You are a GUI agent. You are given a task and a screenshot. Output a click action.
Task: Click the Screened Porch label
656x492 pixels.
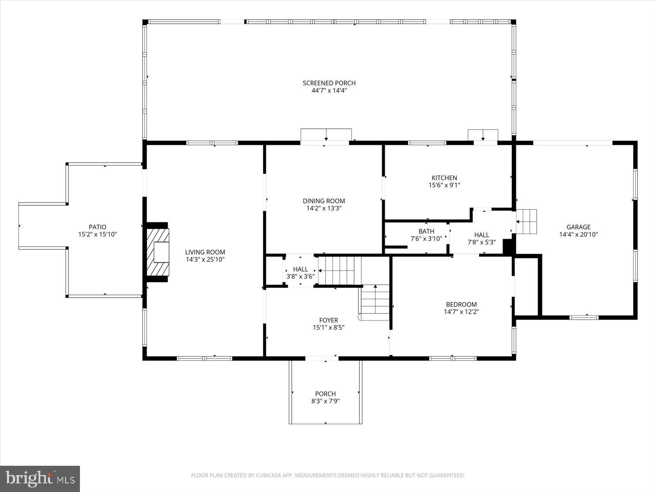(329, 83)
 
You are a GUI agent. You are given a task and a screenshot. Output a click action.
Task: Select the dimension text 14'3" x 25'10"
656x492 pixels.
(205, 260)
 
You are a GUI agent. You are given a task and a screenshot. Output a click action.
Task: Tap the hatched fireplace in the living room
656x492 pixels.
(158, 252)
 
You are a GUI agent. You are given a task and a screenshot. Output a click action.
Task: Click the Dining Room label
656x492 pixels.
(324, 201)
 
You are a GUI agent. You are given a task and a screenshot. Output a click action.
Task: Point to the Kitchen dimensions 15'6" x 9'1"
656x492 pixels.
(444, 185)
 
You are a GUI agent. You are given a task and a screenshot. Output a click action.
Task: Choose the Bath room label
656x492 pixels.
(426, 231)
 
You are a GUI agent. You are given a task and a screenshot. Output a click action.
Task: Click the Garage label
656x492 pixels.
(579, 227)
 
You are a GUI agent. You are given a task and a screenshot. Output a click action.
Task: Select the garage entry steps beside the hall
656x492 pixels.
(526, 221)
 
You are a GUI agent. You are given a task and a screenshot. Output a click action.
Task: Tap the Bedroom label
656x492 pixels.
(461, 304)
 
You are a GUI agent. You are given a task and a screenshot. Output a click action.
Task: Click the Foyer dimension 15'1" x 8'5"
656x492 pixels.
(328, 328)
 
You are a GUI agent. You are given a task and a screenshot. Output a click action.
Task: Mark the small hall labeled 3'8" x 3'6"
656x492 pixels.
(301, 273)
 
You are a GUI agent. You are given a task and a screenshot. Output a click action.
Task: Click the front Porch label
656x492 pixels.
(326, 394)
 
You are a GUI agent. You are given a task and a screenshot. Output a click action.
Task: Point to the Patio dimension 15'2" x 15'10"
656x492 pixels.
(98, 235)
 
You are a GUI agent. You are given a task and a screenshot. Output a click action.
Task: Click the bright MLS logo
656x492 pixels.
(40, 479)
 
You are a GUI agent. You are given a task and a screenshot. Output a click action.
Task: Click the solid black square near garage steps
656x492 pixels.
(508, 247)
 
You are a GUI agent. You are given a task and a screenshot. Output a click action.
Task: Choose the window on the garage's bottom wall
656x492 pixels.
(584, 317)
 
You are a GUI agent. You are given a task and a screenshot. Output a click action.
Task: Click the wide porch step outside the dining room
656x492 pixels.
(326, 134)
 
